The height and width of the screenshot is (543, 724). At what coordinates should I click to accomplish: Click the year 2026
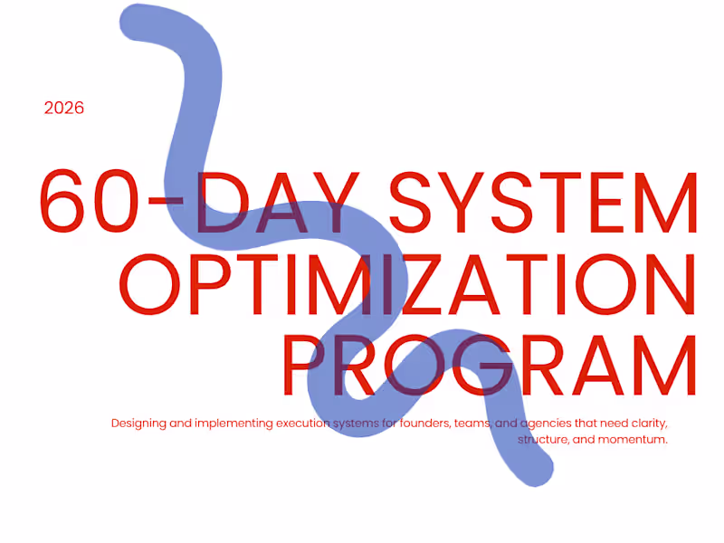[x=64, y=108]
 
